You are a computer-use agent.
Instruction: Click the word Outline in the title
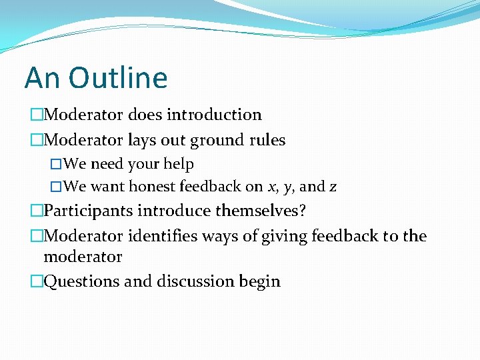(x=117, y=78)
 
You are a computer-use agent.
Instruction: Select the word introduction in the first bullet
(x=214, y=115)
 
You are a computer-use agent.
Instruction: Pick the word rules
(x=266, y=141)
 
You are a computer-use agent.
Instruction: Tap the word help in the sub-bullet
(x=179, y=164)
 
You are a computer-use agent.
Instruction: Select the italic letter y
(x=288, y=188)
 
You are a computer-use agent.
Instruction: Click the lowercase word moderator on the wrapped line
(x=83, y=257)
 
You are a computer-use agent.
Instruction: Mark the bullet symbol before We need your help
(x=56, y=165)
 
